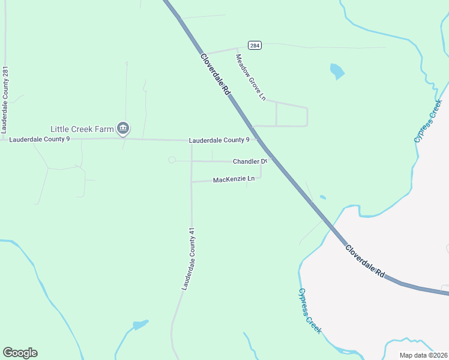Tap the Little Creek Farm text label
tap(82, 128)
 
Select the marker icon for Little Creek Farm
tap(123, 127)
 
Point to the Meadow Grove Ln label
tap(250, 77)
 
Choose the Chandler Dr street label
tap(250, 161)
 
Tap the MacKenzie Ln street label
tap(234, 179)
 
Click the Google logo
tap(20, 353)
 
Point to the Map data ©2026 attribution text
tap(423, 355)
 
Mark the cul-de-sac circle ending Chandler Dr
tap(172, 160)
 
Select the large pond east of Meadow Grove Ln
tap(337, 71)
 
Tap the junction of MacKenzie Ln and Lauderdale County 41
tap(191, 181)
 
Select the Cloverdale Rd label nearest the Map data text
tap(365, 260)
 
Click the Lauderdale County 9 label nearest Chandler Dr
tap(219, 140)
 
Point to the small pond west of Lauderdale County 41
tap(140, 325)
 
